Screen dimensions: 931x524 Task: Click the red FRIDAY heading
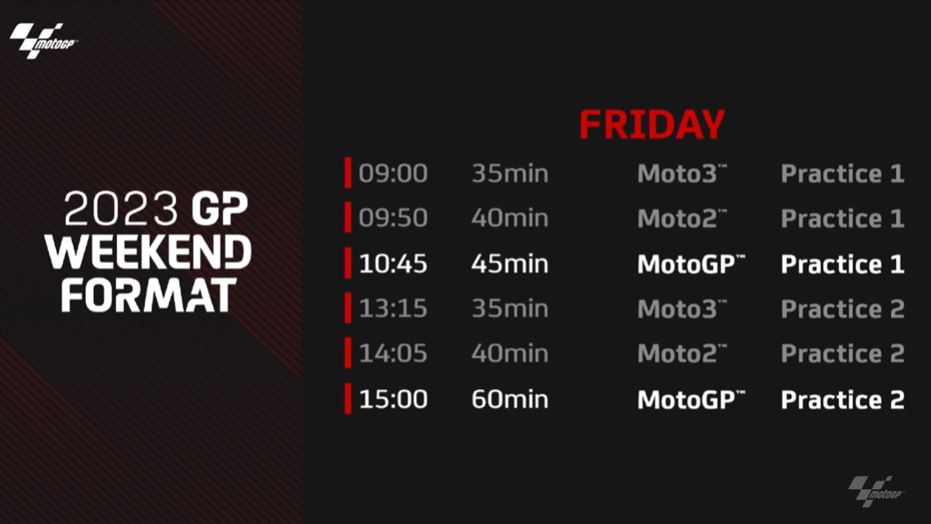point(652,125)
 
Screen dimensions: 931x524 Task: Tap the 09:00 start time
point(393,173)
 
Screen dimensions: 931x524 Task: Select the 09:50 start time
point(393,218)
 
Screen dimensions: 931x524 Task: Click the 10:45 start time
point(393,264)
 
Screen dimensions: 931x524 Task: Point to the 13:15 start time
point(393,309)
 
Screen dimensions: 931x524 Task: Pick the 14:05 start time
point(393,353)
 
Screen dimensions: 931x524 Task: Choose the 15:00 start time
point(393,399)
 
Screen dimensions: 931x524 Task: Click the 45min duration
point(510,264)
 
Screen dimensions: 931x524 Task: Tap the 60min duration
point(510,399)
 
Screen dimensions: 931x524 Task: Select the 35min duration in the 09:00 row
point(510,173)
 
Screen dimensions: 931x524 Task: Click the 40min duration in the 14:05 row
point(510,353)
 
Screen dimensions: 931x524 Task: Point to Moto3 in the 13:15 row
point(682,309)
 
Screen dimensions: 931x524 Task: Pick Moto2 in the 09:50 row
point(682,218)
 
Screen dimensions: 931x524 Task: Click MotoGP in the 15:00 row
point(691,399)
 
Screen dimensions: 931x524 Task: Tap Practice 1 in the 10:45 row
point(843,264)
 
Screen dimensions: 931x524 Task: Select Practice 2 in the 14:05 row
point(843,353)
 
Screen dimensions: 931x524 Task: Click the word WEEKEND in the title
point(148,252)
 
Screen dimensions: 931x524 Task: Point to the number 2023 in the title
point(121,208)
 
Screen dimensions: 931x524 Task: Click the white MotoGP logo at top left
point(44,41)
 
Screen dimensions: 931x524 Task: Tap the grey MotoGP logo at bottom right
point(876,491)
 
